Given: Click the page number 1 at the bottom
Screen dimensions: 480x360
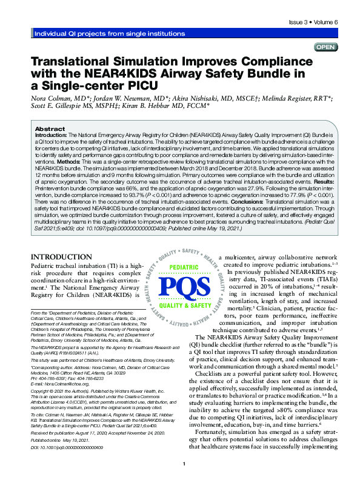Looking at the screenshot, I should coord(216,464).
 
